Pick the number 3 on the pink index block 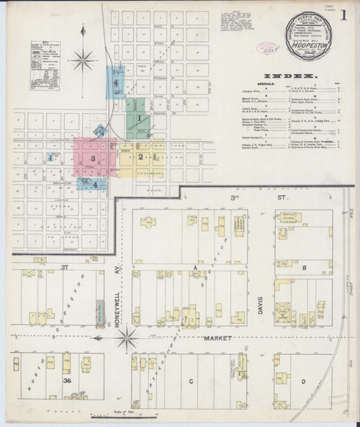[x=92, y=158]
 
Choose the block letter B [x=305, y=268]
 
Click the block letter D [x=303, y=381]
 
